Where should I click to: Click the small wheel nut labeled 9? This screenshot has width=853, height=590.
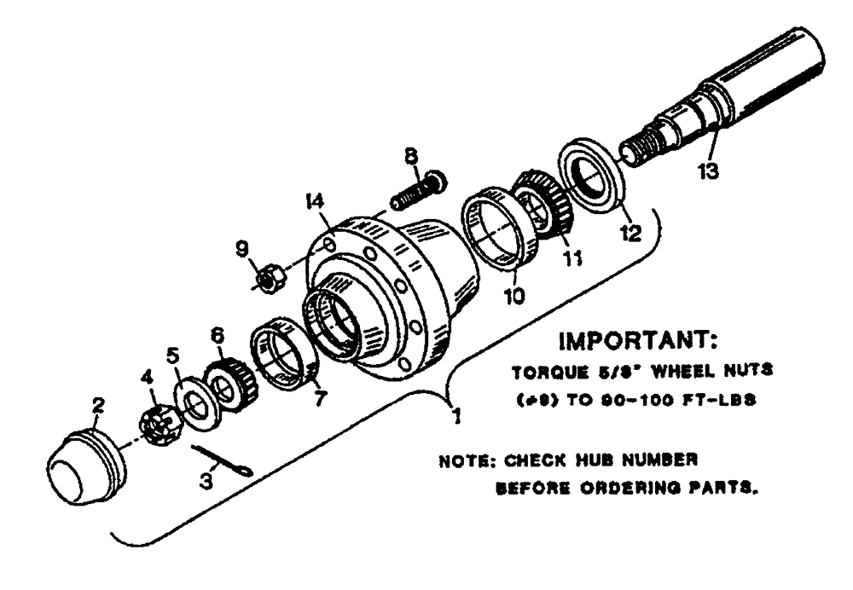pos(265,277)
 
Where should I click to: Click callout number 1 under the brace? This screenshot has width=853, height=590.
pos(458,417)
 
